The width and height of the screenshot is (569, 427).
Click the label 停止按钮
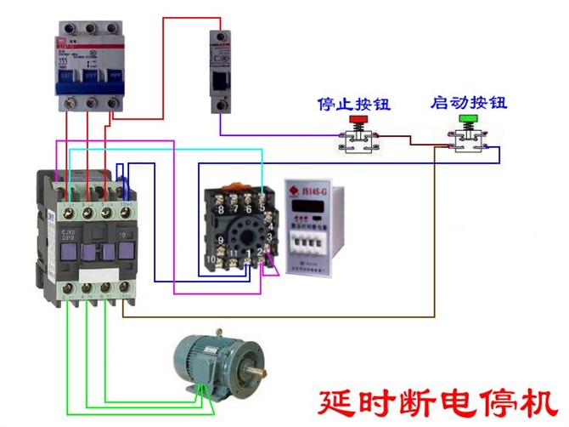tap(352, 105)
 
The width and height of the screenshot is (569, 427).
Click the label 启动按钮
tap(468, 104)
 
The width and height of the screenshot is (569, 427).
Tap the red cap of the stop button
tap(355, 122)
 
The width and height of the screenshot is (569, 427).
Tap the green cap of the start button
tap(466, 121)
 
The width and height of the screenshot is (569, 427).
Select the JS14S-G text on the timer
tap(316, 193)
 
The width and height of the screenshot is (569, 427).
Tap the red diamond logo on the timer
tap(293, 193)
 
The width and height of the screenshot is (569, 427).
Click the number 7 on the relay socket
tap(234, 209)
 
